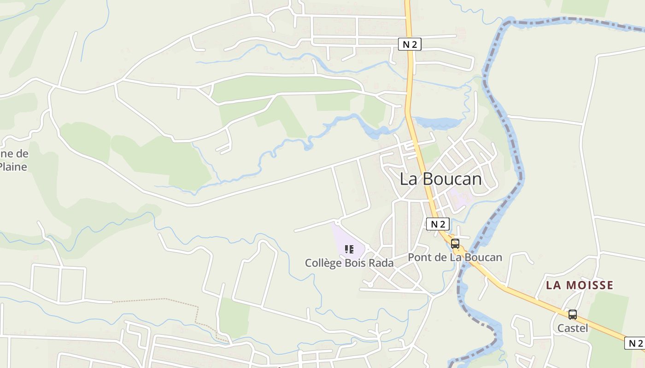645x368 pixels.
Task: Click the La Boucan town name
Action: click(440, 179)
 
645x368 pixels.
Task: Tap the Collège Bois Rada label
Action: click(349, 263)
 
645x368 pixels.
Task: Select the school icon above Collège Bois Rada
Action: click(349, 249)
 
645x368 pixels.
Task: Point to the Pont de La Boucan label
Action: click(455, 257)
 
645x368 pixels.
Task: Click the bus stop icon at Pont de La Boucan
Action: click(455, 244)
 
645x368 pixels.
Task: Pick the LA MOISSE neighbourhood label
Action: click(580, 285)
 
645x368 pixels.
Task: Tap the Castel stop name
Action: click(573, 328)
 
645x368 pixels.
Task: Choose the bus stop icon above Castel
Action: click(573, 315)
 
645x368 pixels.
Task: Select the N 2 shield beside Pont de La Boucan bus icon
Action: click(438, 224)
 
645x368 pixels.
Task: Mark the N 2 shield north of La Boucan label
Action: click(410, 44)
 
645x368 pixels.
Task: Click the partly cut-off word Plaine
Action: click(13, 167)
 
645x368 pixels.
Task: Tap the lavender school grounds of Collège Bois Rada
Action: click(343, 237)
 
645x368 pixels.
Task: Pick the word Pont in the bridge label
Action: click(419, 257)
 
